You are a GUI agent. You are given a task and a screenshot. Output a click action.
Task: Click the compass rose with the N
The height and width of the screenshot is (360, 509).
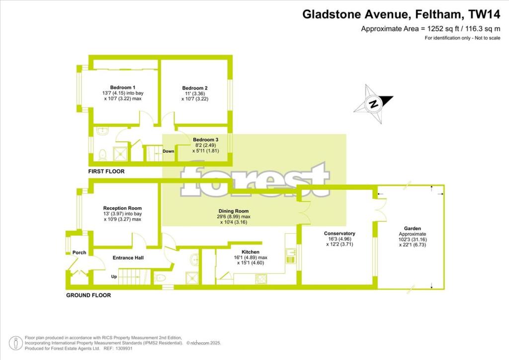(x=373, y=104)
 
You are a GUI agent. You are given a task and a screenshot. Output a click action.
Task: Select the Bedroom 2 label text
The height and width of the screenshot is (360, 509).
(x=191, y=88)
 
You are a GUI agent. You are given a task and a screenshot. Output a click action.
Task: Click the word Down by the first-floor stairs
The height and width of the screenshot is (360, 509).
(x=168, y=151)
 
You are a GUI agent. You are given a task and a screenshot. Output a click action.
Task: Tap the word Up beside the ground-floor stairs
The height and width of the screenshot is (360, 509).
(x=114, y=276)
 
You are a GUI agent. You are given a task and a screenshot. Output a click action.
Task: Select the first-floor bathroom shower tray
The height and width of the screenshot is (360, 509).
(x=121, y=155)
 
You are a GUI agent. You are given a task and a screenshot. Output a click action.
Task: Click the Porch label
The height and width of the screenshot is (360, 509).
(x=79, y=253)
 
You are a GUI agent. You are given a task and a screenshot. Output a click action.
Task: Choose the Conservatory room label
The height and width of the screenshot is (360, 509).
(x=339, y=234)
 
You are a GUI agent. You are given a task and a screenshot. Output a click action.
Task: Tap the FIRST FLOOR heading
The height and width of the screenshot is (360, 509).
(x=106, y=172)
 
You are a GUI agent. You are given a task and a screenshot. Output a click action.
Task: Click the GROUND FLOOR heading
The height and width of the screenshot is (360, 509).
(x=88, y=295)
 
